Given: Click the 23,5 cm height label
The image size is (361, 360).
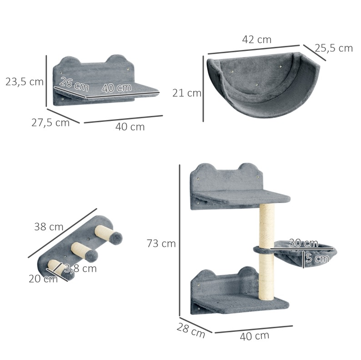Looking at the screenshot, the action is pyautogui.click(x=25, y=82).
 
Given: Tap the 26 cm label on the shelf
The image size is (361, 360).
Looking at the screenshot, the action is pyautogui.click(x=74, y=84).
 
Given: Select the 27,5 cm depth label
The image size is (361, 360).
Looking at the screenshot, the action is pyautogui.click(x=50, y=123).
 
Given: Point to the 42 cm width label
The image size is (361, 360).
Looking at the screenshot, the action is pyautogui.click(x=257, y=40).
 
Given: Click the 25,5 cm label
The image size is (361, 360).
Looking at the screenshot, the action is pyautogui.click(x=334, y=48).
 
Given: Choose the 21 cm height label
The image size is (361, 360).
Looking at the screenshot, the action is pyautogui.click(x=187, y=93).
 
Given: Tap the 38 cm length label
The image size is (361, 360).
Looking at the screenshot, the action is pyautogui.click(x=49, y=227).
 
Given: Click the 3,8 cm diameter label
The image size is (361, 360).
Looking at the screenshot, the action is pyautogui.click(x=80, y=268).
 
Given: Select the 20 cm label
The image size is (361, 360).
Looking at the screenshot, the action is pyautogui.click(x=43, y=279).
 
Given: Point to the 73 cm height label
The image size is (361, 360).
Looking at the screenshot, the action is pyautogui.click(x=161, y=244).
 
